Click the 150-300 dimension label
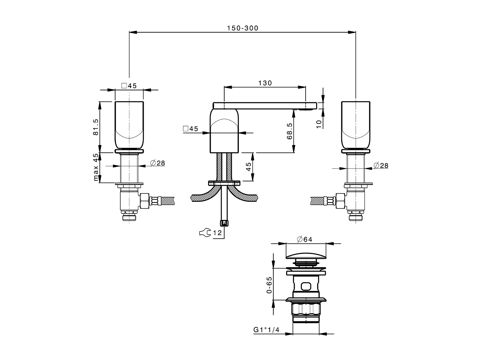pos(243,28)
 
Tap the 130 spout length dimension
pos(265,83)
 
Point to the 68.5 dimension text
pos(289,131)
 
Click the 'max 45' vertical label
pos(96,168)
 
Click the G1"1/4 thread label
pos(267,330)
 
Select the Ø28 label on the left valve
pos(157,163)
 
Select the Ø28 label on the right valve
pos(381,165)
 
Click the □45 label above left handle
pos(129,85)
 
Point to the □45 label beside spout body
pos(190,129)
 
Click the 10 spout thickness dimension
pos(319,124)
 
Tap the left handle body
pos(129,124)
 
